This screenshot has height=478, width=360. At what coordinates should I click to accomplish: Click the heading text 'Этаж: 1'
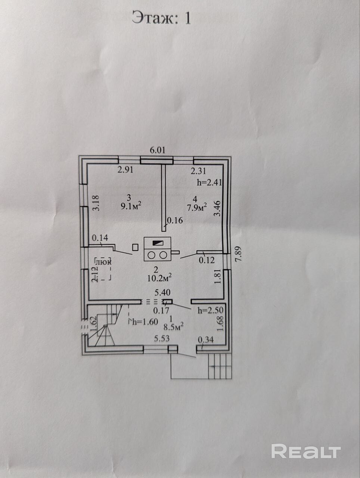click(x=161, y=18)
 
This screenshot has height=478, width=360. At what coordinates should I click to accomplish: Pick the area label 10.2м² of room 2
click(x=159, y=277)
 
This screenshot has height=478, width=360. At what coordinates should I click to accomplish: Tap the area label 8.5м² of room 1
click(x=173, y=327)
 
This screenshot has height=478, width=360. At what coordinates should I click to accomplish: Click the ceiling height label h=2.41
click(x=209, y=183)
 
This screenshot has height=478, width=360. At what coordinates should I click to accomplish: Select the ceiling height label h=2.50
click(x=211, y=310)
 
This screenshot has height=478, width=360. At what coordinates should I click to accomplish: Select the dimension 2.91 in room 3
click(x=125, y=170)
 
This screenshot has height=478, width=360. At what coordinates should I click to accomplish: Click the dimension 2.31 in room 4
click(x=198, y=171)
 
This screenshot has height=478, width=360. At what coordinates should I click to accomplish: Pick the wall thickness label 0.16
click(x=175, y=220)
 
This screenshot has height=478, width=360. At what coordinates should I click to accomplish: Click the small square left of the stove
click(x=136, y=247)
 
